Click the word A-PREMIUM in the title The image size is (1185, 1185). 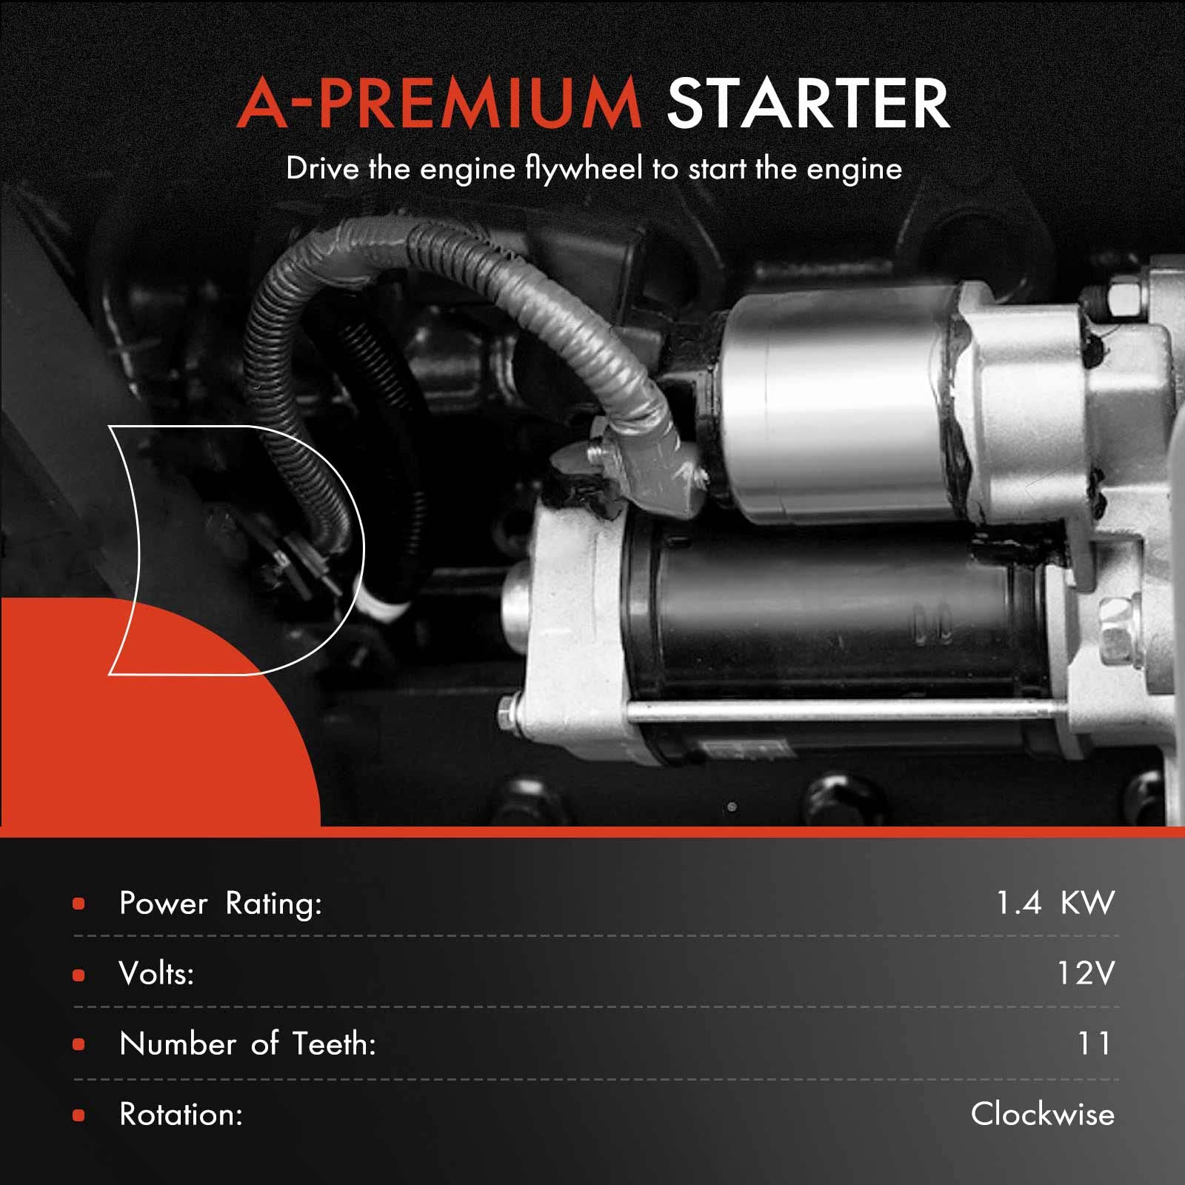coord(438,104)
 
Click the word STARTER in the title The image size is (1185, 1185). coord(807,104)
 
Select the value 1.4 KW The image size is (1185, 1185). coord(1055,903)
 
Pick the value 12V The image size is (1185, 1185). coord(1085,973)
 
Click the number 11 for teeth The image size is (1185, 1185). coord(1094,1044)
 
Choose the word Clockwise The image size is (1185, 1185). coord(1042,1114)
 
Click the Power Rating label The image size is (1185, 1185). coord(221,904)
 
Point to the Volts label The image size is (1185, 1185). coord(156,974)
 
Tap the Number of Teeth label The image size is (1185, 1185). coord(247,1044)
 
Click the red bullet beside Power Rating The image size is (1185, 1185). coord(79,904)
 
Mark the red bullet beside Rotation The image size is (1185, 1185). coord(79,1115)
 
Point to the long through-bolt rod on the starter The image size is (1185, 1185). coord(815,711)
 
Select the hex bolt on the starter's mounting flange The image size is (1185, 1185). coord(1115,630)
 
